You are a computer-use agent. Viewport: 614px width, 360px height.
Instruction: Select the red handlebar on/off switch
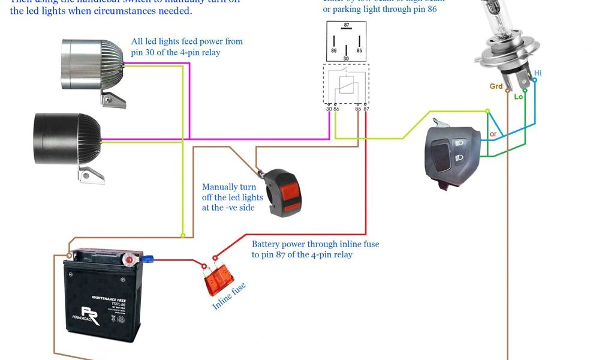284,192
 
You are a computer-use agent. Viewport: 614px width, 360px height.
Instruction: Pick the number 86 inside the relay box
333,50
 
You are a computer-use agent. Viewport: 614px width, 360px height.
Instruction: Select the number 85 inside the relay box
359,50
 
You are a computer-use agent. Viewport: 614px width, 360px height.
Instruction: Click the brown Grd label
496,86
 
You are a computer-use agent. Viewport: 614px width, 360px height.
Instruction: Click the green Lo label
519,96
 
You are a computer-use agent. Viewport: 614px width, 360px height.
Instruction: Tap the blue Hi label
538,73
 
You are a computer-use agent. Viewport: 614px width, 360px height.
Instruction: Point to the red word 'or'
493,134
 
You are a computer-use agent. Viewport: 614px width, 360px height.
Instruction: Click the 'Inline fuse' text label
230,296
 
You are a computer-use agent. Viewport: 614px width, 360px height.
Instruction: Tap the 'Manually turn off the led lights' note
233,197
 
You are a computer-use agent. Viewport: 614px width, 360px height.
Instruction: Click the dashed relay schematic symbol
344,84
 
